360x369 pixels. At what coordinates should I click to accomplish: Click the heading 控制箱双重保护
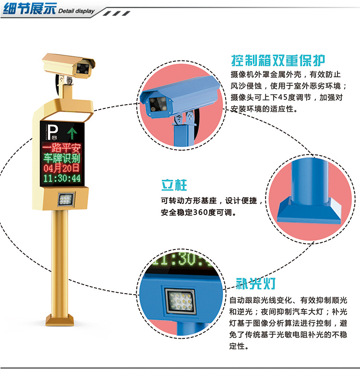tap(278, 60)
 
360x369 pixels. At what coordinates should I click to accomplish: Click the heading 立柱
tap(174, 185)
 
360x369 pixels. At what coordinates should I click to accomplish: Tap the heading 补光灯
tap(256, 283)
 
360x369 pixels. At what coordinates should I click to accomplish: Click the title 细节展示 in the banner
tap(30, 9)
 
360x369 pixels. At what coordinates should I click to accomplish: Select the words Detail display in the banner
tap(76, 11)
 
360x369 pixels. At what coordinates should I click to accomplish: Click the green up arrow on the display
tap(72, 133)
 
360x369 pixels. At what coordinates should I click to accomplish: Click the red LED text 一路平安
tap(62, 148)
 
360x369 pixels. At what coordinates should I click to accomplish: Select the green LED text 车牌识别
tap(62, 158)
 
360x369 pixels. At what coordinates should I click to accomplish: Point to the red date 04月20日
tap(61, 168)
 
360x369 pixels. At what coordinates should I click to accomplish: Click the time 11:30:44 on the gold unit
tap(62, 178)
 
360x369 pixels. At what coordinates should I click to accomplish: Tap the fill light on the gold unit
tap(66, 200)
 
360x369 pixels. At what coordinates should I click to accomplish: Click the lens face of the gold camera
tap(84, 69)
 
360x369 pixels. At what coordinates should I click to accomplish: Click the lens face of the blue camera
tap(158, 105)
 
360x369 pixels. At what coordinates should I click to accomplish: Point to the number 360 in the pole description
tap(200, 212)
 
